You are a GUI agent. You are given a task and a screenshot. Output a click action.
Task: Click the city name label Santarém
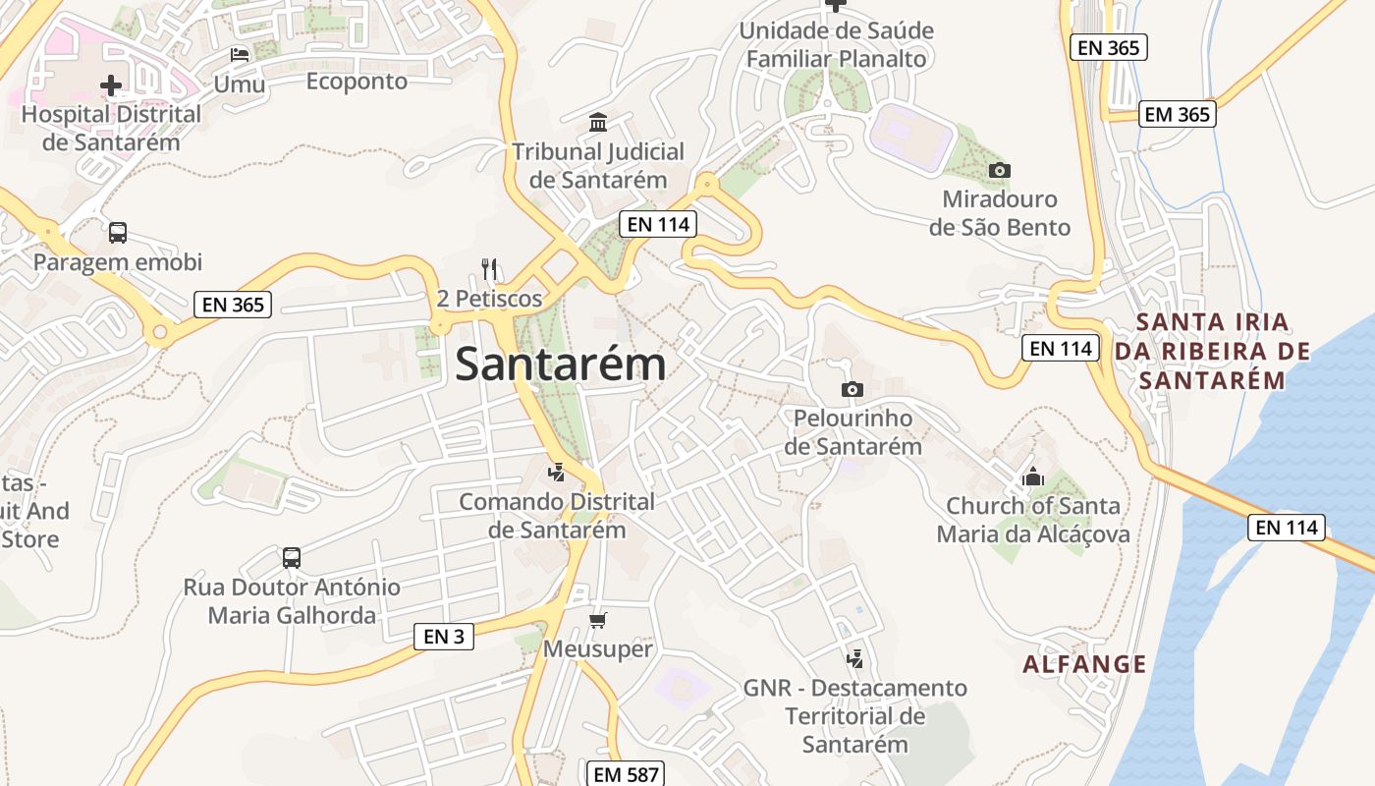(561, 365)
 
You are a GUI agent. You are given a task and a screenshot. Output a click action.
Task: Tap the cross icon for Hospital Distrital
(111, 85)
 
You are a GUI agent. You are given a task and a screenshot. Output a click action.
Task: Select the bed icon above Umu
(240, 54)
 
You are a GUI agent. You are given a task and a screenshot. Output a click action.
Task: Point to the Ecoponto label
(357, 82)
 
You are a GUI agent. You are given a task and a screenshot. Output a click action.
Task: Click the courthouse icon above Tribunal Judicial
(597, 123)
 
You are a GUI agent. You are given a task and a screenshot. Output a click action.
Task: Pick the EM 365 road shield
(1178, 114)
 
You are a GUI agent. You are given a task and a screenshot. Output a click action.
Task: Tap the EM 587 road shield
(627, 774)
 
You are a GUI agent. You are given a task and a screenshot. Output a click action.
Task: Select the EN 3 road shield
(443, 637)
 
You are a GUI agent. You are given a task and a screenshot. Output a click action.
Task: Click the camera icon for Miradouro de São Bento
(999, 171)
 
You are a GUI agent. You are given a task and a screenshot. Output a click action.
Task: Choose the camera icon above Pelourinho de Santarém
(852, 390)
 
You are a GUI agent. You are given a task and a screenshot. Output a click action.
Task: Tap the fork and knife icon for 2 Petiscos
(489, 268)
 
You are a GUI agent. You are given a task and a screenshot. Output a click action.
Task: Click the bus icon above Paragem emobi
(118, 233)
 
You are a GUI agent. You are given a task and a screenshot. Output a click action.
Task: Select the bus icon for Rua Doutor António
(292, 558)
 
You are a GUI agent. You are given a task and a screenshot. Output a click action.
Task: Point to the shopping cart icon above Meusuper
(597, 620)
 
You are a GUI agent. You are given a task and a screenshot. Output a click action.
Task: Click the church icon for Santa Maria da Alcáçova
(1032, 477)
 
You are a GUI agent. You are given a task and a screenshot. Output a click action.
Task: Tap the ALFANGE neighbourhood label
(1084, 664)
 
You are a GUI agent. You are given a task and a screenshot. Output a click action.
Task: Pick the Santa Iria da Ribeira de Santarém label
(1213, 351)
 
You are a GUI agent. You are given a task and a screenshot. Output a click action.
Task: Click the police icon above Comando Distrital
(557, 473)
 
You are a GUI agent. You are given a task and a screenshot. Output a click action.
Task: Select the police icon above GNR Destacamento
(855, 659)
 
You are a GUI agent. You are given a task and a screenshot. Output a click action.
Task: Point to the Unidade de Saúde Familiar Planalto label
(836, 45)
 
